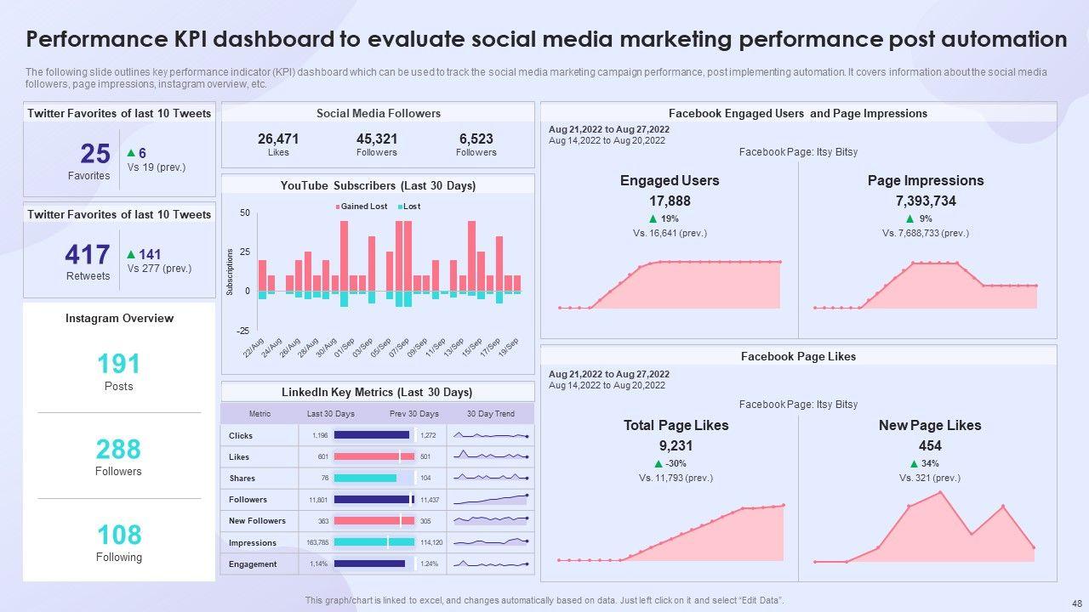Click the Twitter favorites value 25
95,154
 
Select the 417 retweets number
88,255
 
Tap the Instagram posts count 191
118,364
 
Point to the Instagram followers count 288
118,449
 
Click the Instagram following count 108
118,535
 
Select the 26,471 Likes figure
278,139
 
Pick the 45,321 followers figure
377,139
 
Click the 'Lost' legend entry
411,207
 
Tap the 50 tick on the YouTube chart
245,212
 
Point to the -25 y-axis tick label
243,331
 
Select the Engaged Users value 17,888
670,201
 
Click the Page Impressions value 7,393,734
926,201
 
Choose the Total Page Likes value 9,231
676,446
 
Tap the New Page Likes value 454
930,446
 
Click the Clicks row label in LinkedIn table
241,435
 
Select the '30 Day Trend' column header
491,414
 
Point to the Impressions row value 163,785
317,542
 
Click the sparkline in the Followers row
491,499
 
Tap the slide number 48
1068,599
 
